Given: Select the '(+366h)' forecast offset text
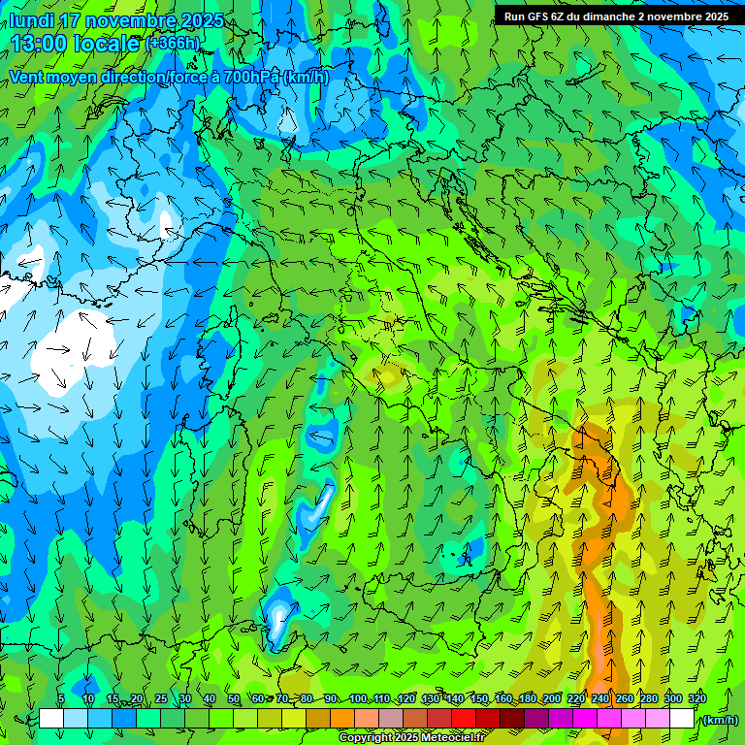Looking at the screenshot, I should pyautogui.click(x=172, y=43).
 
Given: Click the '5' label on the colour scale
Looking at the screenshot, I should pyautogui.click(x=61, y=699).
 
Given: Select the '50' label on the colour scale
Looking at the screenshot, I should pyautogui.click(x=234, y=699).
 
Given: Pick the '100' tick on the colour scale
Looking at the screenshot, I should pyautogui.click(x=357, y=699).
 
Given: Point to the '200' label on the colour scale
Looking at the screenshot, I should pyautogui.click(x=552, y=699).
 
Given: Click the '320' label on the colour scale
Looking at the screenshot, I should pyautogui.click(x=696, y=699).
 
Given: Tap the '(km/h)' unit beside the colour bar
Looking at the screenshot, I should pyautogui.click(x=720, y=720).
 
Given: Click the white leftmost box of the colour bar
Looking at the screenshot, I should pyautogui.click(x=51, y=719).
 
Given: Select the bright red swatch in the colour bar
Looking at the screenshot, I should pyautogui.click(x=464, y=719).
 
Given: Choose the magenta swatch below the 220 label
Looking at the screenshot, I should pyautogui.click(x=585, y=719).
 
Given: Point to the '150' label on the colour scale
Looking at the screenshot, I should pyautogui.click(x=478, y=699).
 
